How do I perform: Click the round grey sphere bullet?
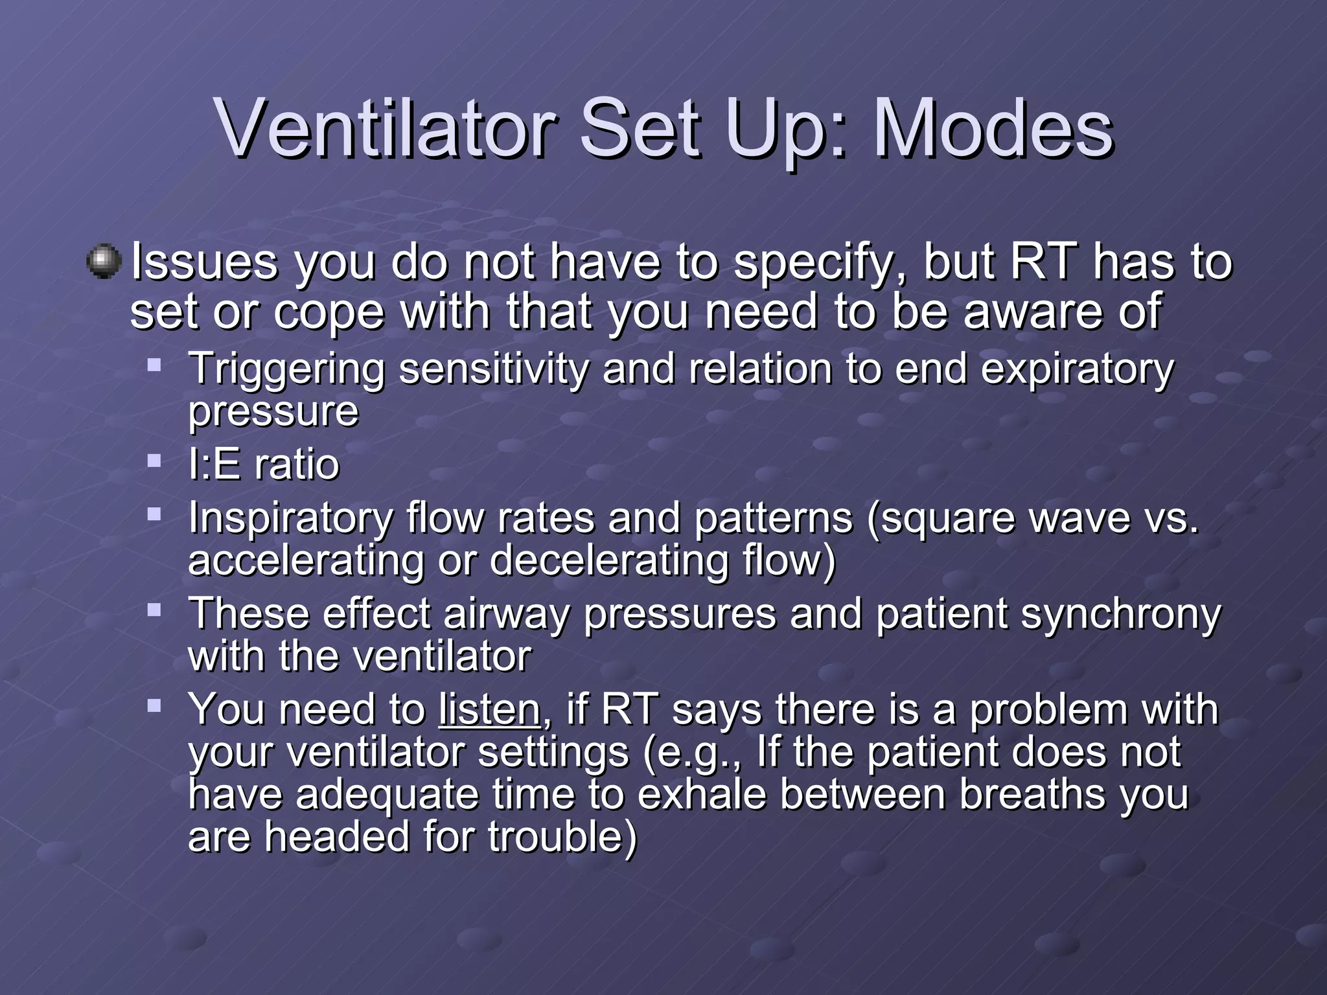click(x=104, y=262)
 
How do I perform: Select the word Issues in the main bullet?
click(x=203, y=262)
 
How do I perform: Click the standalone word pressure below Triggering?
click(x=273, y=412)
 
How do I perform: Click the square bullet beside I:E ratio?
click(x=154, y=461)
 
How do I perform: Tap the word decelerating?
click(x=609, y=561)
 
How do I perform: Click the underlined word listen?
click(x=489, y=710)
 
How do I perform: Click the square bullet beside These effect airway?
click(x=154, y=610)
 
